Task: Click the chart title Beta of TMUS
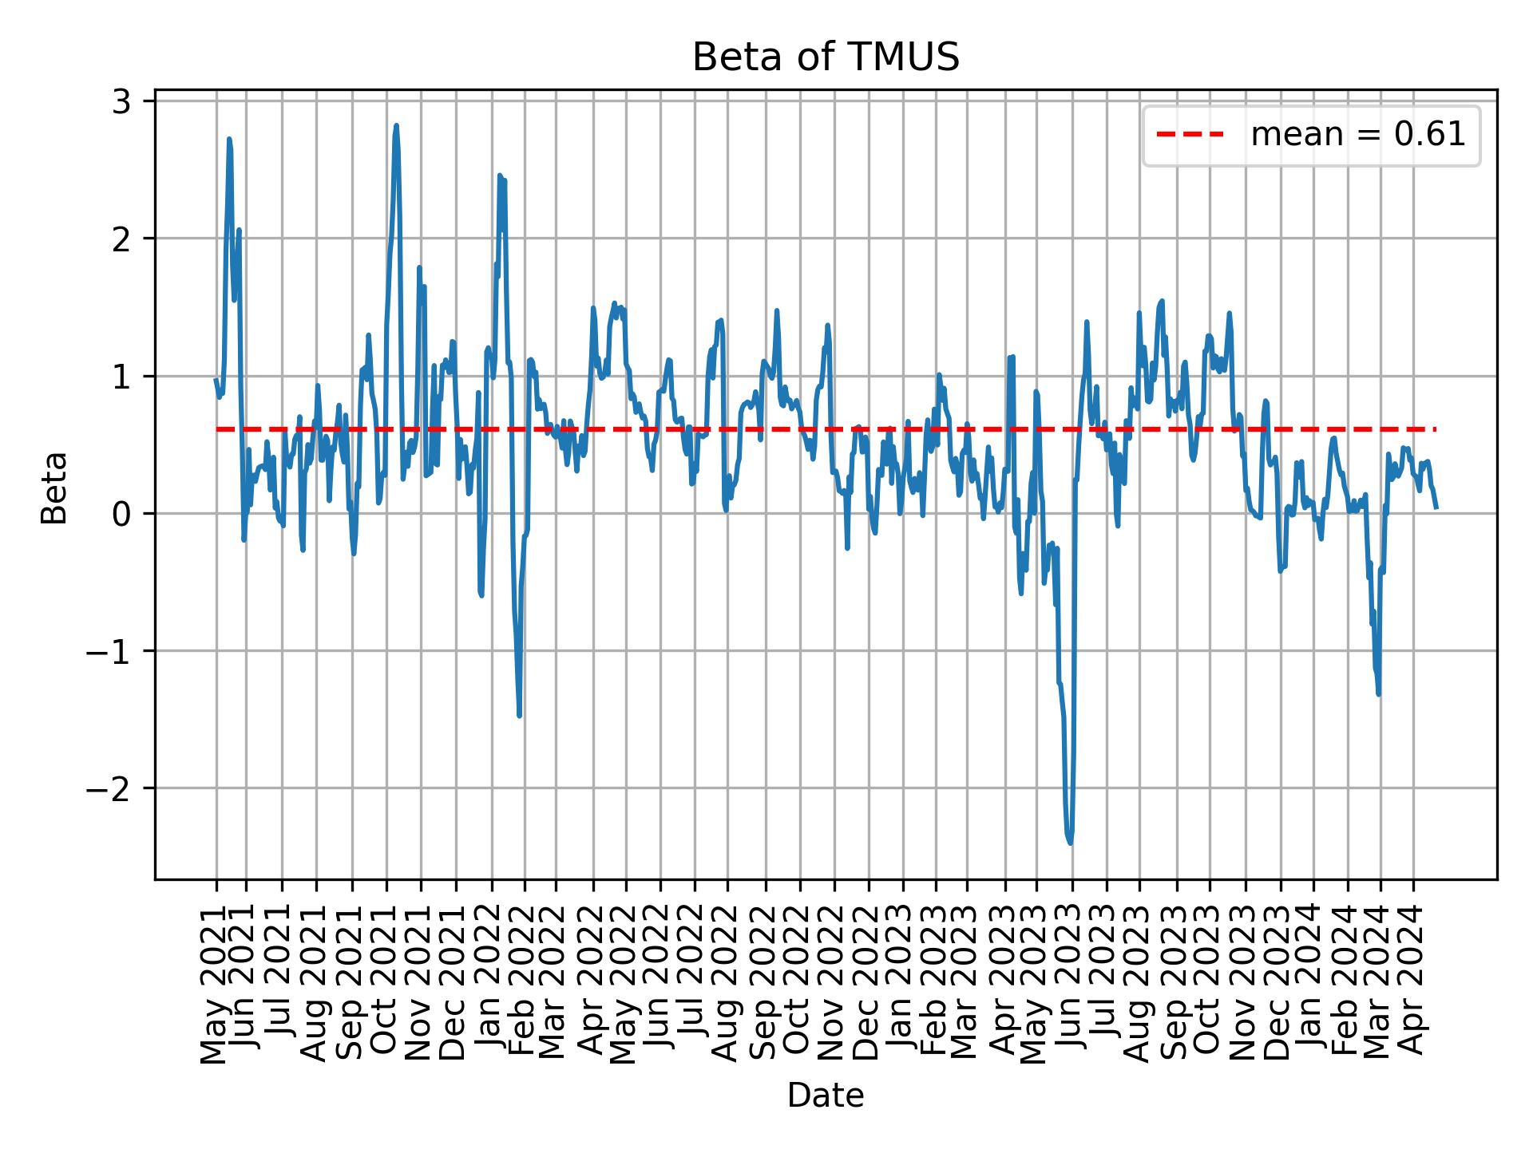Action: coord(825,57)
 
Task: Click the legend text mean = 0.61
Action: coord(1357,136)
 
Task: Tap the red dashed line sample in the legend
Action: coord(1190,136)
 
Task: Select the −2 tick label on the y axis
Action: coord(111,788)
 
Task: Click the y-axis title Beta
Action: coord(54,488)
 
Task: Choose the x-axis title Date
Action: coord(825,1096)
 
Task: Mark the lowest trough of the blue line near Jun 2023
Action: coord(1070,843)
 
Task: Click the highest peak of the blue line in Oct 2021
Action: coord(396,125)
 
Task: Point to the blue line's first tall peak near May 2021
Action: coord(229,139)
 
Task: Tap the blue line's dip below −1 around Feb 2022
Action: coord(520,715)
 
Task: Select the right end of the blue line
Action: coord(1436,507)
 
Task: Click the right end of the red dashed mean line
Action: coord(1435,429)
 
